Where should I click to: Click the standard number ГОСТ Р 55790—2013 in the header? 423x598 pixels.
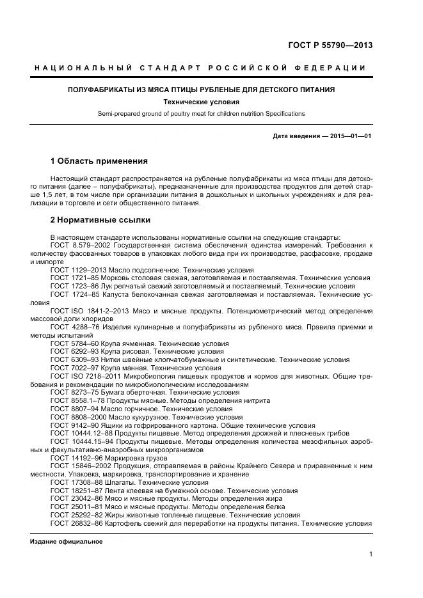(x=330, y=45)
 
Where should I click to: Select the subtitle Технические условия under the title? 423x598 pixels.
(x=201, y=102)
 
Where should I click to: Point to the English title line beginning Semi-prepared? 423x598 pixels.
(x=201, y=113)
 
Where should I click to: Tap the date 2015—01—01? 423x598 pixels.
(x=350, y=136)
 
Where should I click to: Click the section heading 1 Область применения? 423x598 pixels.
(x=99, y=161)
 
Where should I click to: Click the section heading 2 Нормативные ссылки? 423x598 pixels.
(x=100, y=219)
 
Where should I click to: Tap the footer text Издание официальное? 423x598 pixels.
(x=67, y=541)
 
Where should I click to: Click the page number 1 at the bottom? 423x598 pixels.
(x=371, y=554)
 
